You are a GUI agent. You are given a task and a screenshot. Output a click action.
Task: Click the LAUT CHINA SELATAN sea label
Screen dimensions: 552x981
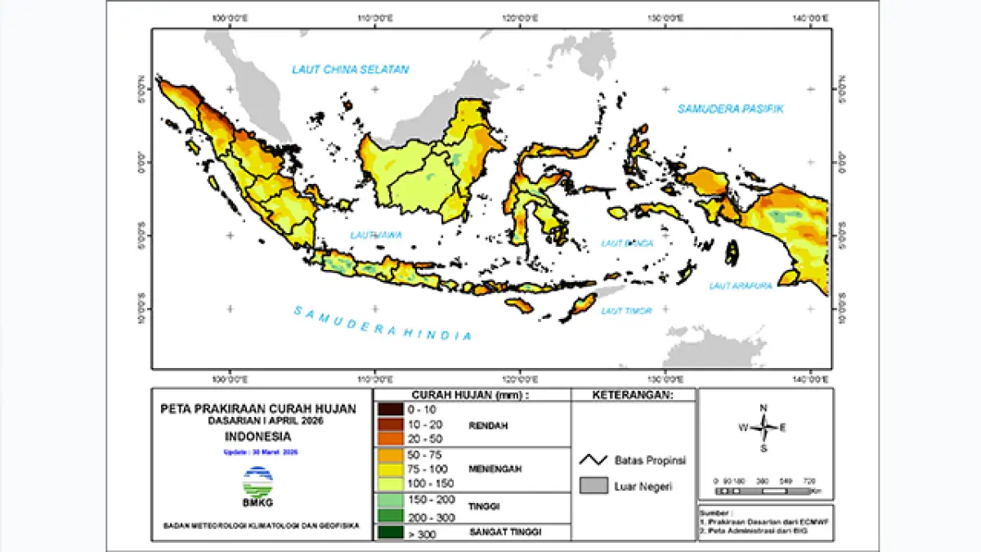tap(350, 70)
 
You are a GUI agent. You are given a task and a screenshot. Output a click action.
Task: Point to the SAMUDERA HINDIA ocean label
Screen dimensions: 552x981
tap(383, 323)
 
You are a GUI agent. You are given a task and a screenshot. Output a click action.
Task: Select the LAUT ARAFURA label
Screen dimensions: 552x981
tap(741, 285)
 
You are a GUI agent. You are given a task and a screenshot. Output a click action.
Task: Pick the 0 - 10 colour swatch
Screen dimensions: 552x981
tap(390, 409)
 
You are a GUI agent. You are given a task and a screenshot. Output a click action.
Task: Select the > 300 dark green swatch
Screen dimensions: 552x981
tap(390, 535)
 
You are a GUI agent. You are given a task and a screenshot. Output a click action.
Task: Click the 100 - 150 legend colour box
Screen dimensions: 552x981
tap(390, 483)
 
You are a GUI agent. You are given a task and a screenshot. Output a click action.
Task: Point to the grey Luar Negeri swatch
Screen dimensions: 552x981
tap(594, 487)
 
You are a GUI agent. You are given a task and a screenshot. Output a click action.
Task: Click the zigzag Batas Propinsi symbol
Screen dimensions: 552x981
tap(594, 460)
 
